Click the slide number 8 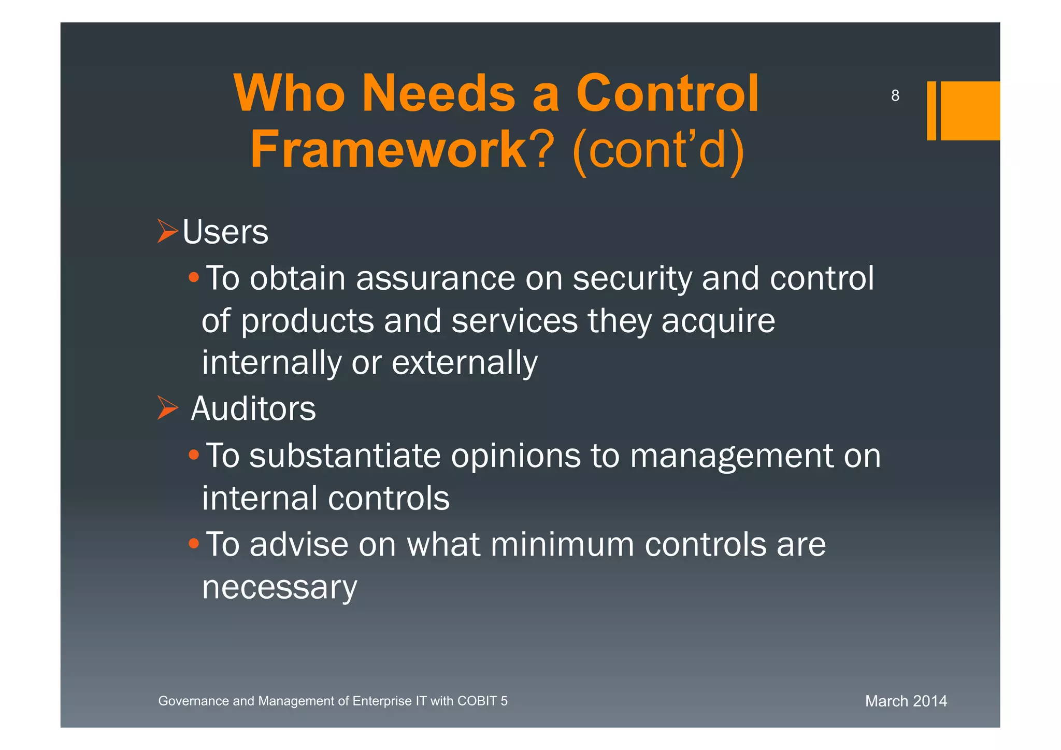895,95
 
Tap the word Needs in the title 438,93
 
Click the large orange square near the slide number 970,110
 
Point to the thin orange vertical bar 931,110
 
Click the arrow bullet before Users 167,231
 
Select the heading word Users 225,232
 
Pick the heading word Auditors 253,408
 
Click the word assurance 435,278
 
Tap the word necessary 279,587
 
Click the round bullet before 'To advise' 193,544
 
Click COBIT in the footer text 477,701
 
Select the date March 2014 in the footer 906,701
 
